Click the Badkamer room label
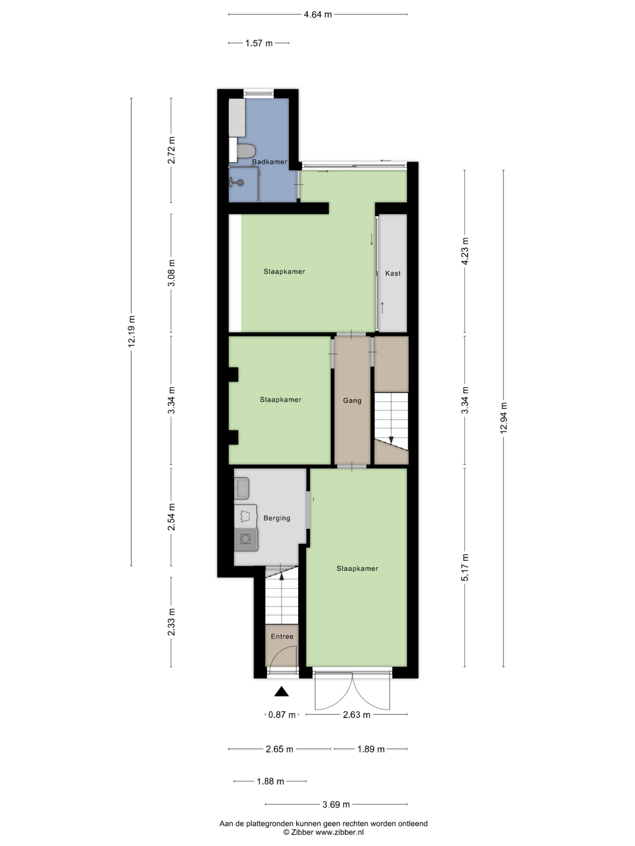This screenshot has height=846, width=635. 269,162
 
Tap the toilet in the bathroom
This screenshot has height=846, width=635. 246,151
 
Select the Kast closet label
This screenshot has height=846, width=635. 393,273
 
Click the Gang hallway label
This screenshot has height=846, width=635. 352,401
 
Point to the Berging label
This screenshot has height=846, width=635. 277,518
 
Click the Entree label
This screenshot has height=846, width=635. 282,636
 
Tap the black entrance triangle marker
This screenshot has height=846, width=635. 281,691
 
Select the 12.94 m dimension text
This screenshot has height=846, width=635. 503,418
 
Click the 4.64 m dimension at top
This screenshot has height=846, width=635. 318,15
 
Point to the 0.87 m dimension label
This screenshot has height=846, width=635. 282,715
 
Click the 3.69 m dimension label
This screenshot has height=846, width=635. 336,805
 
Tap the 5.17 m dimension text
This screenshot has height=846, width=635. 465,567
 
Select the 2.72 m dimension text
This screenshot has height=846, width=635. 171,150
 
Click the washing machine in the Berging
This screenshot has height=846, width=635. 246,539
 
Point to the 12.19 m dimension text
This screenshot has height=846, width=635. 131,331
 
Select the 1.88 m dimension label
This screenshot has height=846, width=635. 270,781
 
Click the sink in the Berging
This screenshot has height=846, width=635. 242,488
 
